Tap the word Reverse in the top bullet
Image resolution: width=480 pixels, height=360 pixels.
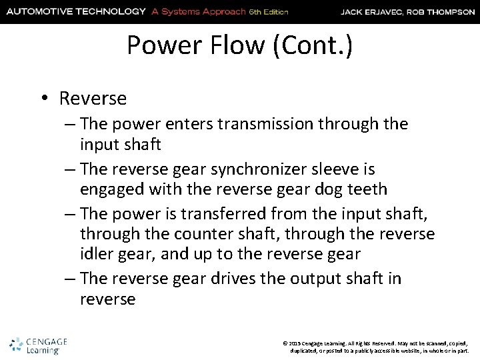(x=93, y=99)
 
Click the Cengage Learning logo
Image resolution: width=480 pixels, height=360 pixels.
(x=39, y=345)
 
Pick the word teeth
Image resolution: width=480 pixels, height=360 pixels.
(x=367, y=189)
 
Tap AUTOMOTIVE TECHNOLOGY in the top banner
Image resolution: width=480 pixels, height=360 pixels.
(x=75, y=11)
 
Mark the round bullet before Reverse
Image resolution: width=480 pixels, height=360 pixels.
(x=42, y=99)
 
